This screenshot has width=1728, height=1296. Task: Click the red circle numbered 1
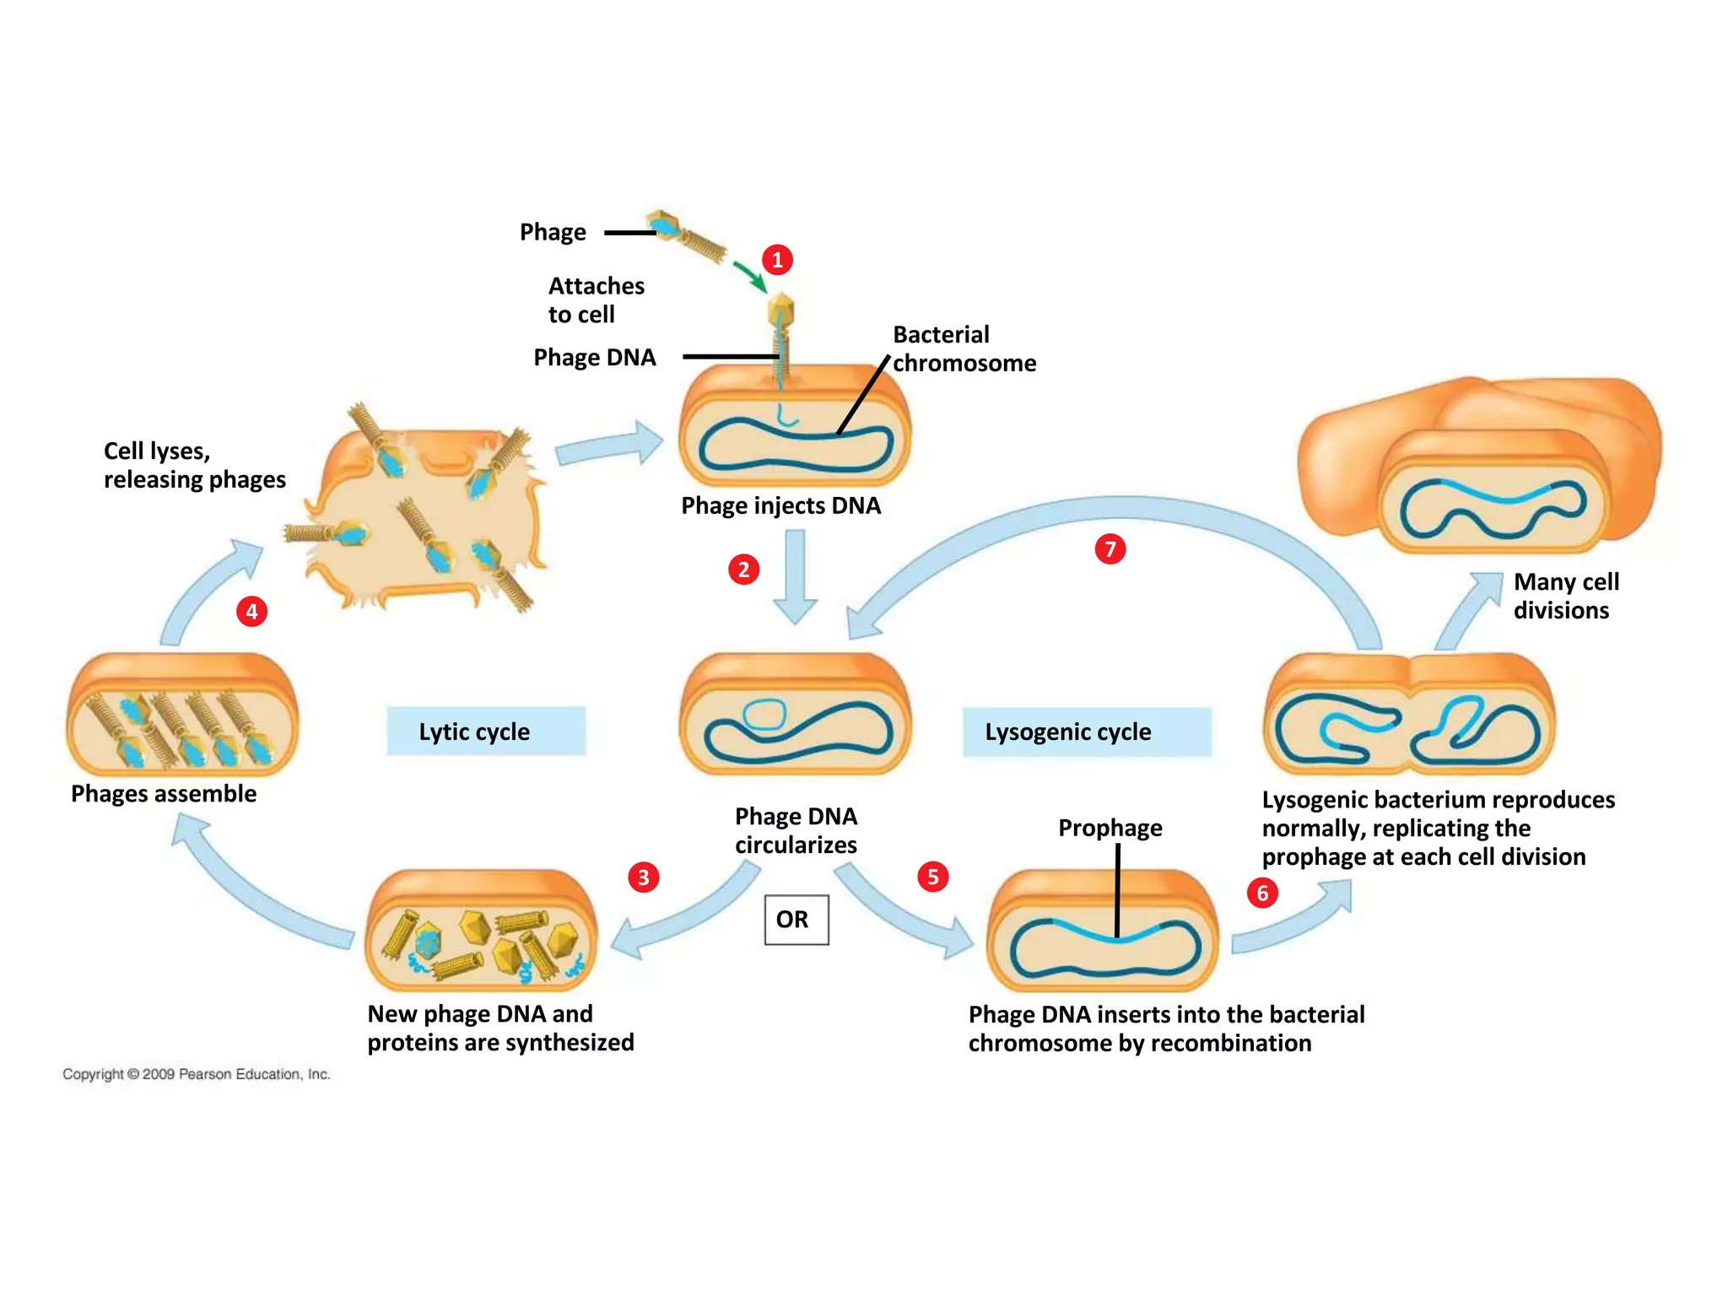tap(777, 260)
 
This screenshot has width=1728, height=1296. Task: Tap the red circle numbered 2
tap(743, 570)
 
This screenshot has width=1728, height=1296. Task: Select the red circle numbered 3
tap(644, 877)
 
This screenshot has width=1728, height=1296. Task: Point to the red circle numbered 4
tap(251, 611)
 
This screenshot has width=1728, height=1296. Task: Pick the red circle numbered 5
tap(933, 877)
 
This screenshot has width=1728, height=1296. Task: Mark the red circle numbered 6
tap(1262, 893)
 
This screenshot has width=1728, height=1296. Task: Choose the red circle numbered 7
tap(1110, 549)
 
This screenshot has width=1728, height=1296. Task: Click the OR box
tap(796, 920)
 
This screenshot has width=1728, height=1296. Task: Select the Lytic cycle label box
tap(486, 731)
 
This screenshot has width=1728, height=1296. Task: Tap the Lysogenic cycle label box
tap(1088, 732)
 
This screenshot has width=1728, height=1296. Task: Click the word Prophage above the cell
tap(1110, 828)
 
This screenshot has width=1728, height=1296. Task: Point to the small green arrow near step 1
tap(749, 276)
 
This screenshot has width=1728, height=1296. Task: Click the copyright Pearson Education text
tap(197, 1074)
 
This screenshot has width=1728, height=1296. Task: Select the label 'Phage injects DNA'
tap(781, 505)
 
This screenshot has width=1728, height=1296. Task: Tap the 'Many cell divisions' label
tap(1566, 596)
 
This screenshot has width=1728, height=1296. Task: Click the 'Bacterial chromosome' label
tap(964, 348)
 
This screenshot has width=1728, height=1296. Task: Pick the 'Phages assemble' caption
tap(164, 794)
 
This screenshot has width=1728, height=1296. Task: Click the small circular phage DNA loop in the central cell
tap(764, 714)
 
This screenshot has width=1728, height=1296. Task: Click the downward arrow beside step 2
tap(796, 577)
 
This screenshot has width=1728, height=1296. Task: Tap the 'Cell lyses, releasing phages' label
tap(195, 465)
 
